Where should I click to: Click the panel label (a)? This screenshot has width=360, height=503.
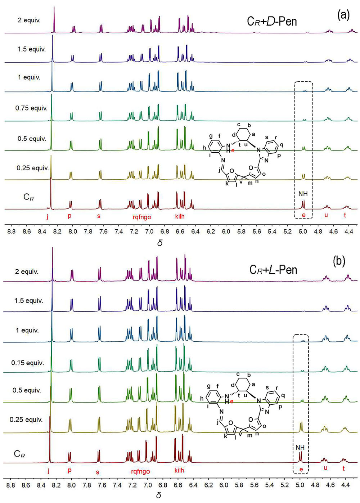343,15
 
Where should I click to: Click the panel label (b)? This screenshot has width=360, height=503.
339,261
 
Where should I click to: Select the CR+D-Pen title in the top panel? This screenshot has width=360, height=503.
272,21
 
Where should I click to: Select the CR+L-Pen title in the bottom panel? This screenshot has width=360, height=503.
273,270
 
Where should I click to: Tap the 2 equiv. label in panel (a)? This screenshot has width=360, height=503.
29,20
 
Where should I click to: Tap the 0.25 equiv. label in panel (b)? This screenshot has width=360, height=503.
26,419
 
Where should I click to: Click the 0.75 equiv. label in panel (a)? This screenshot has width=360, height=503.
31,108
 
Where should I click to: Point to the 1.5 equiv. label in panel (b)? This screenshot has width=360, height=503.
29,301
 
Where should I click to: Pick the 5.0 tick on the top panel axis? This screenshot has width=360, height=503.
302,232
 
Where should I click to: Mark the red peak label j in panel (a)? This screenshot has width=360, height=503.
47,216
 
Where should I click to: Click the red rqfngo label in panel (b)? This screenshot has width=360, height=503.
140,471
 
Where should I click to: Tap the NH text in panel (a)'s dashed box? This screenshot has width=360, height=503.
303,194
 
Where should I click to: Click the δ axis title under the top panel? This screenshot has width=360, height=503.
160,243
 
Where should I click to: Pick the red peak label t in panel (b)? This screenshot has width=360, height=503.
343,468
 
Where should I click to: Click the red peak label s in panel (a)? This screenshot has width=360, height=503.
99,216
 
